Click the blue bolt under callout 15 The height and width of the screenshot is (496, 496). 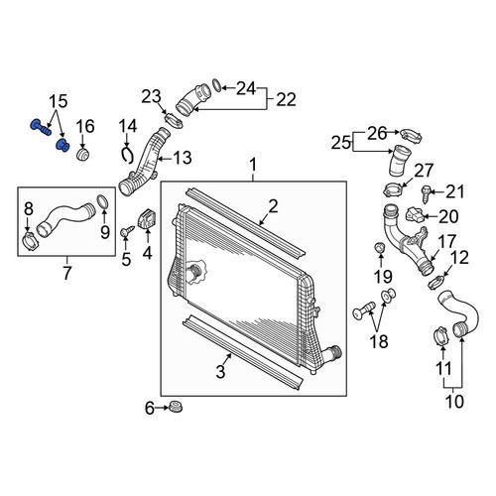(41, 128)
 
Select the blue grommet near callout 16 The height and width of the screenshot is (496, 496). (62, 145)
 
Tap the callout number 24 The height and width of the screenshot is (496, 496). (246, 88)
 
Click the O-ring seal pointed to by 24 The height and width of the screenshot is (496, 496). (216, 85)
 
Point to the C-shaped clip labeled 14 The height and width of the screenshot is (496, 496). (126, 155)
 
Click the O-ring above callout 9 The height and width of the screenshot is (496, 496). (102, 202)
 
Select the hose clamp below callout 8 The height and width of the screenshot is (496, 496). (31, 241)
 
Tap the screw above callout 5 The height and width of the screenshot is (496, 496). (127, 231)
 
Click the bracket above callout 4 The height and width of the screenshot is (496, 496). (148, 218)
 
